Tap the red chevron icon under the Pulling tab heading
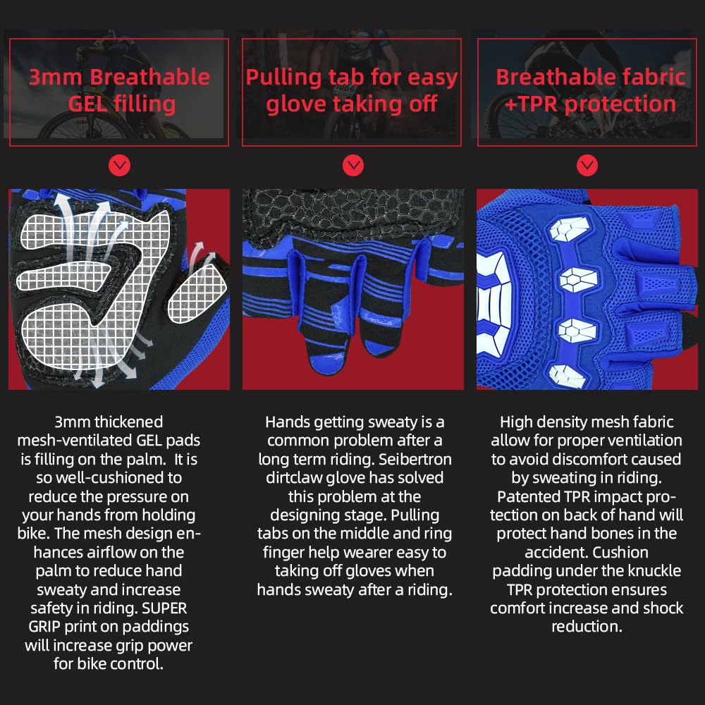click(x=352, y=166)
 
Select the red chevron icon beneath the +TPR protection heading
click(x=587, y=166)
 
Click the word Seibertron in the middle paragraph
click(x=411, y=459)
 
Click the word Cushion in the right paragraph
click(x=620, y=552)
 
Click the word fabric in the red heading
click(x=649, y=77)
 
